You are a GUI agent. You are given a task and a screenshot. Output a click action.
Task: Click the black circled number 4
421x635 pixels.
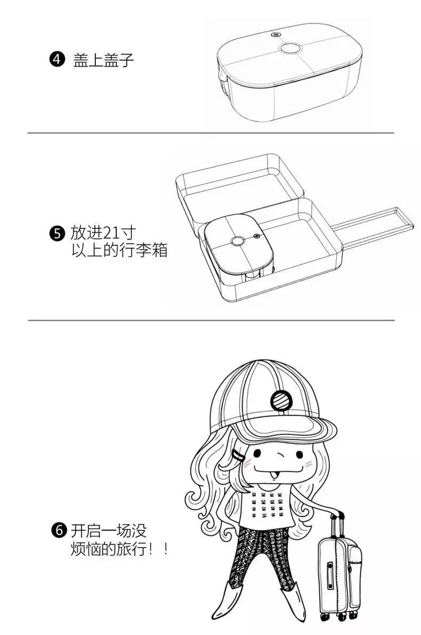coord(57,60)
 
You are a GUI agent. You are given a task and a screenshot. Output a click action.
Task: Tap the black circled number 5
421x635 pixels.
coord(56,234)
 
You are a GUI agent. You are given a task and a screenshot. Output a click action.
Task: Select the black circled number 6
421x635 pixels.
coord(59,531)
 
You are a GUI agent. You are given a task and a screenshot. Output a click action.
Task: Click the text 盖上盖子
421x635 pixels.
coord(103,60)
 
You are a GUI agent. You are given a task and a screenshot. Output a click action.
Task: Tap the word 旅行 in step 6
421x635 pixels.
coord(133,549)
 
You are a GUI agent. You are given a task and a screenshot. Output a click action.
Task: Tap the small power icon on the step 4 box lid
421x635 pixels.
coord(276,35)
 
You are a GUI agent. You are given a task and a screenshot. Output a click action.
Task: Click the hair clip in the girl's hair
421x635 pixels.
coord(238,455)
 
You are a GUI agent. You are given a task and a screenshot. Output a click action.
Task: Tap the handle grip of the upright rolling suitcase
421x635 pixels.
coord(336,515)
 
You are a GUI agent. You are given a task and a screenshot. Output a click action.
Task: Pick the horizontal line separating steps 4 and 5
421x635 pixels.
coord(210,133)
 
